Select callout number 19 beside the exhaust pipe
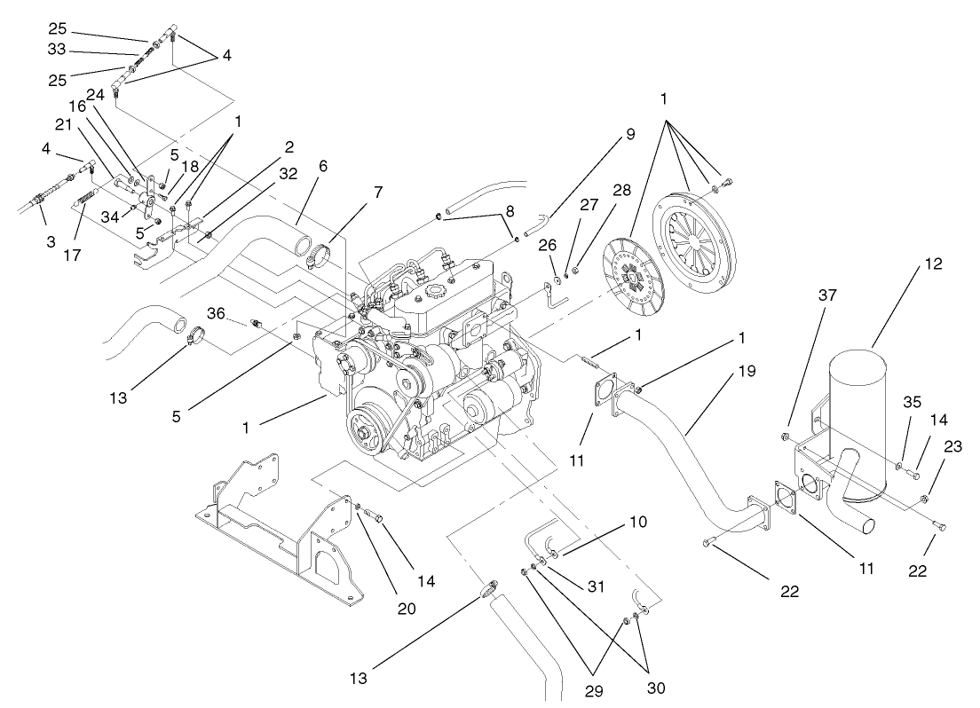(x=747, y=371)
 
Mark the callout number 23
(x=952, y=448)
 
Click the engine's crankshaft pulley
(x=366, y=436)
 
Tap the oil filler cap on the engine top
(x=436, y=291)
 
